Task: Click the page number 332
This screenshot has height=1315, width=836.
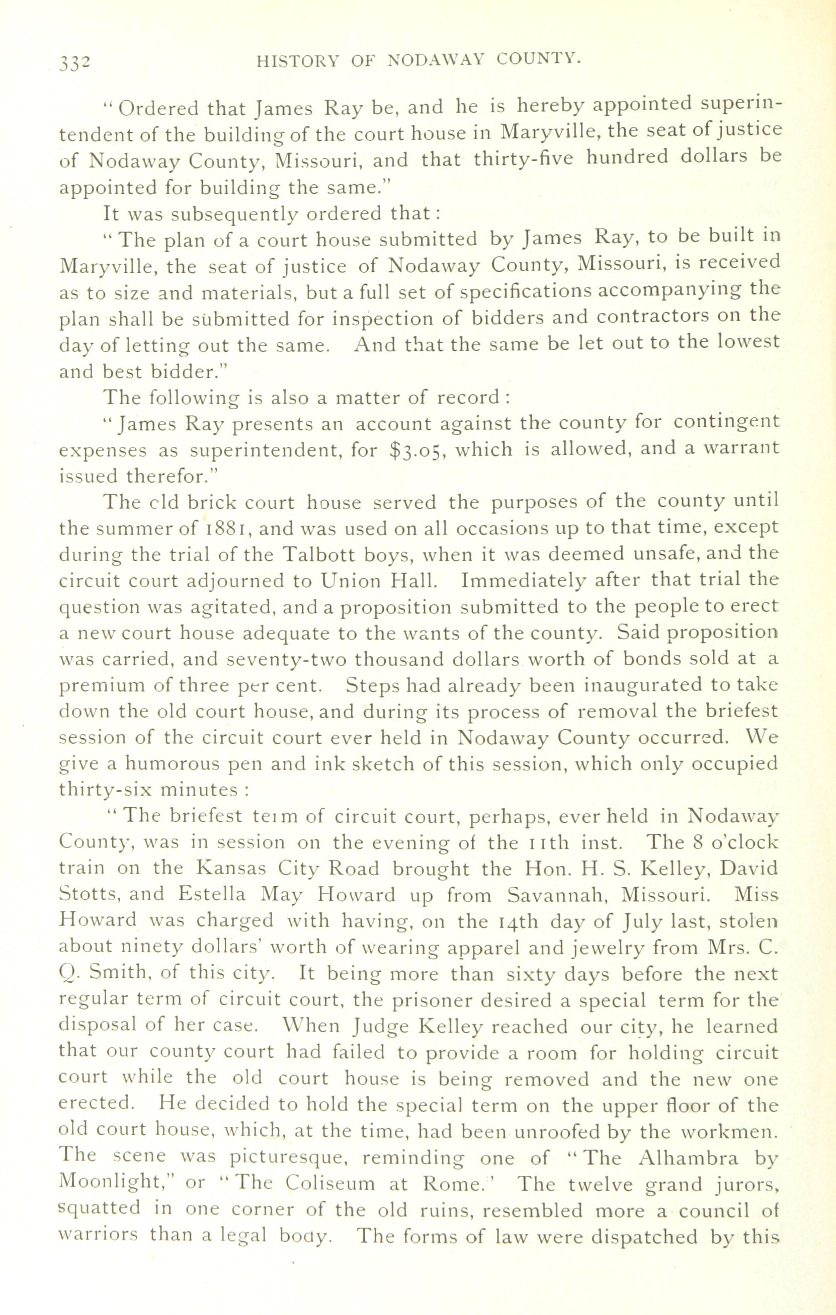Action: [x=75, y=64]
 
